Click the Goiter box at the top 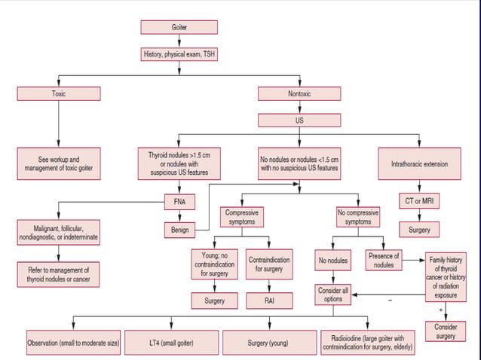(179, 28)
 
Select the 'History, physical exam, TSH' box (179, 54)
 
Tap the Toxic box (59, 94)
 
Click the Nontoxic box (299, 94)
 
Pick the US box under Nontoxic (299, 120)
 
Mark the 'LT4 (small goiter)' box (171, 343)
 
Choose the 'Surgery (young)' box (268, 343)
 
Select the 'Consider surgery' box (446, 331)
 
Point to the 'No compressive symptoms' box (357, 218)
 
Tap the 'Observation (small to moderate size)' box (73, 343)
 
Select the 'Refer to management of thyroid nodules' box (59, 274)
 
